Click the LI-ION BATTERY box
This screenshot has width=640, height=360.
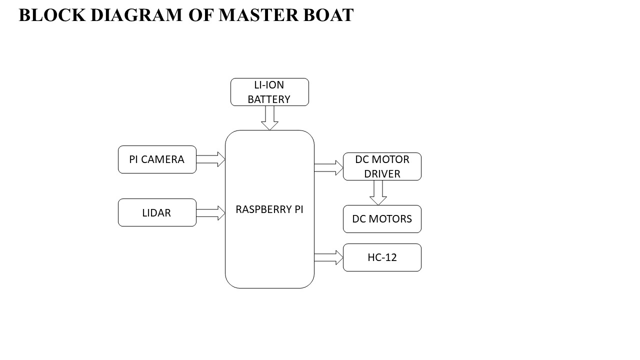point(269,92)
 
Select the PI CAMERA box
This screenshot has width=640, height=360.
point(157,159)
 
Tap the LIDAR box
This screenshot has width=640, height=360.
point(157,212)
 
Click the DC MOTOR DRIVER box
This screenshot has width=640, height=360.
point(382,166)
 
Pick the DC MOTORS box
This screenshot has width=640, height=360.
point(382,219)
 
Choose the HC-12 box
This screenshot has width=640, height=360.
point(382,257)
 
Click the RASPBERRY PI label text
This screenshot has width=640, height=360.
point(269,209)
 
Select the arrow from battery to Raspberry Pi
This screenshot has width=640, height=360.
point(269,118)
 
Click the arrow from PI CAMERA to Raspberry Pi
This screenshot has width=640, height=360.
point(210,159)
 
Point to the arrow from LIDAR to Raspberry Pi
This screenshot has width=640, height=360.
point(210,212)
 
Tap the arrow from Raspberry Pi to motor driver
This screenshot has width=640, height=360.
point(328,167)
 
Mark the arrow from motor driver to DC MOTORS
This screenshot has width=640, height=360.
point(378,192)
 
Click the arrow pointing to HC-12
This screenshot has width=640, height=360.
point(328,257)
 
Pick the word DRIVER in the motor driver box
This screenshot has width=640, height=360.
point(382,174)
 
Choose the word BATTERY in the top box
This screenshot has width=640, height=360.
point(269,99)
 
